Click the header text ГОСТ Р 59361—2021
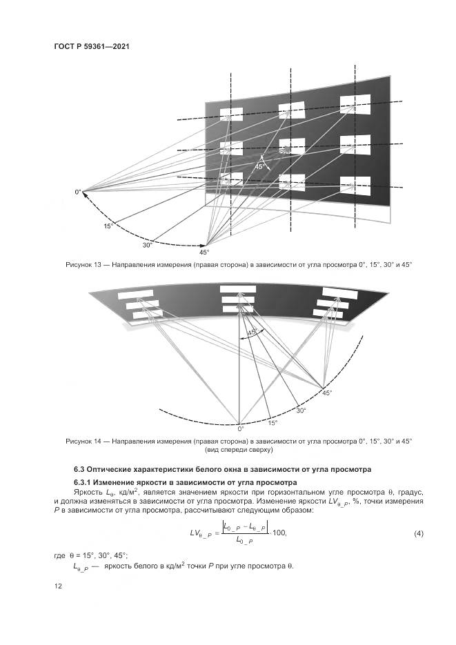[92, 46]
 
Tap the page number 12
[58, 586]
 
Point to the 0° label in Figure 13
[78, 191]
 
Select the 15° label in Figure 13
[108, 226]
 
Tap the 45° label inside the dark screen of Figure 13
[259, 166]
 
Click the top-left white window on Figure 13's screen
[231, 115]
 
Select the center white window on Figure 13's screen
[291, 147]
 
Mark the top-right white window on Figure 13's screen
[356, 105]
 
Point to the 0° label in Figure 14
[241, 428]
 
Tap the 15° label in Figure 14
[273, 423]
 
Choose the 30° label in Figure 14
[301, 410]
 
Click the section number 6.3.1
[85, 482]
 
